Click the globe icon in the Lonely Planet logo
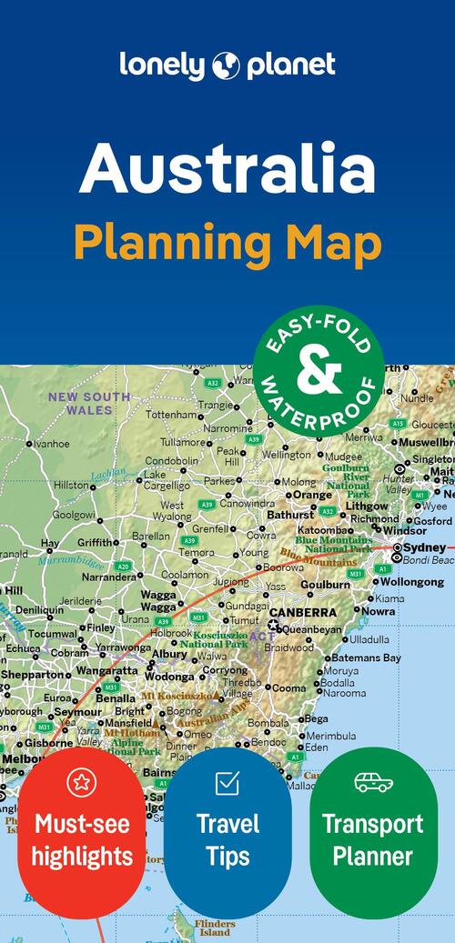click(226, 65)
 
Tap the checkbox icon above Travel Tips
click(227, 782)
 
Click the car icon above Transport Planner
click(373, 781)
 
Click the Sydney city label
click(424, 547)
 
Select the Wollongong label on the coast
click(411, 581)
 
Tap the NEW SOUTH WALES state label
click(88, 403)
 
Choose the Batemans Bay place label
click(367, 657)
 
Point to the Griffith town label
click(97, 542)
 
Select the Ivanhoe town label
click(52, 444)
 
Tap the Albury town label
click(169, 653)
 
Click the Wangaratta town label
click(106, 671)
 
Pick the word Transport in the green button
click(372, 825)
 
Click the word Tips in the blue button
click(227, 856)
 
